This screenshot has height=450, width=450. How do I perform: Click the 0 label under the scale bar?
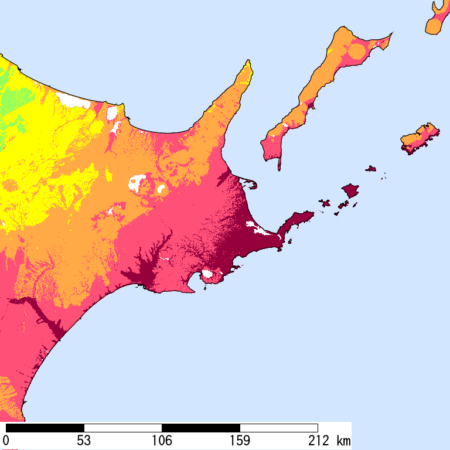[x=6, y=440]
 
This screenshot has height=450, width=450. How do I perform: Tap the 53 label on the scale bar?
[x=84, y=440]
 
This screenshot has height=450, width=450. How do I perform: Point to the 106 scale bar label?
[x=162, y=440]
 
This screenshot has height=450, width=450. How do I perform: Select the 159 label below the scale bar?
[x=240, y=440]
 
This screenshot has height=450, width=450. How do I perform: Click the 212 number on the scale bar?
[x=317, y=440]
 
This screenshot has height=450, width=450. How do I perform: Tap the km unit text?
[x=343, y=440]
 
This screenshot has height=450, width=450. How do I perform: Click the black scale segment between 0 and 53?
[x=45, y=428]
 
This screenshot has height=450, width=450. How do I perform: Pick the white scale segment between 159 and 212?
[x=278, y=428]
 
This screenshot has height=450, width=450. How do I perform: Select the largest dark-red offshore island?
[x=350, y=190]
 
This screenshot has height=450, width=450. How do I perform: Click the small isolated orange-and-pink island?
[x=421, y=138]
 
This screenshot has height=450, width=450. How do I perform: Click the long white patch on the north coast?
[x=73, y=100]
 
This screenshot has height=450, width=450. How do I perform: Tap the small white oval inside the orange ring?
[x=160, y=189]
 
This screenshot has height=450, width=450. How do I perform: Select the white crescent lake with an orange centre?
[x=138, y=183]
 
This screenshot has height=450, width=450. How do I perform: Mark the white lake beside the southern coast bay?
[x=207, y=274]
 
